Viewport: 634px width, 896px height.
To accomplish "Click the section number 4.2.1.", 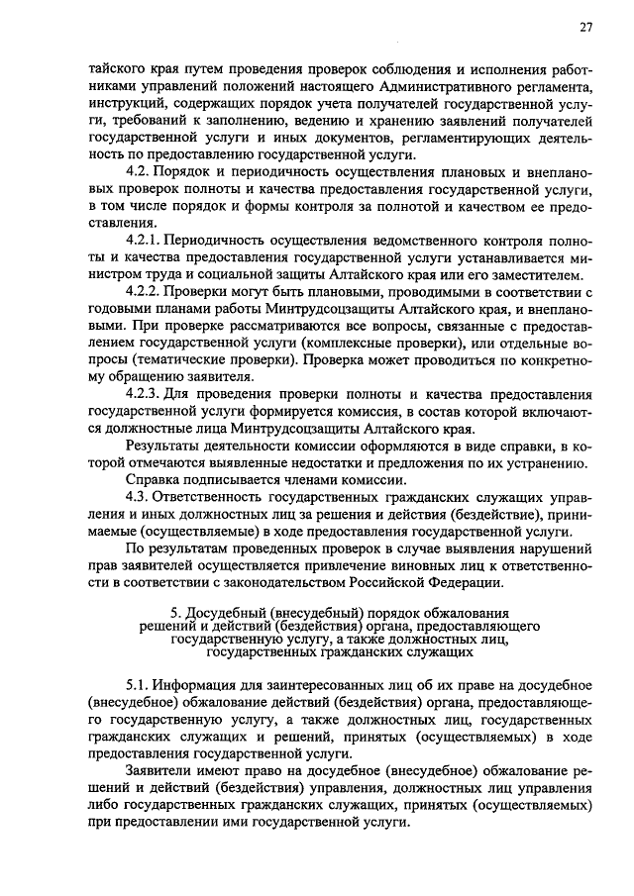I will [x=143, y=241].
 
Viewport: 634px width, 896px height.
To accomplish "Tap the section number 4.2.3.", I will [x=143, y=394].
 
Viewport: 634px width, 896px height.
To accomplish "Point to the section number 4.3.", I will [x=138, y=496].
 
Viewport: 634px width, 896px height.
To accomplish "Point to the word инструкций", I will [x=125, y=105].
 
